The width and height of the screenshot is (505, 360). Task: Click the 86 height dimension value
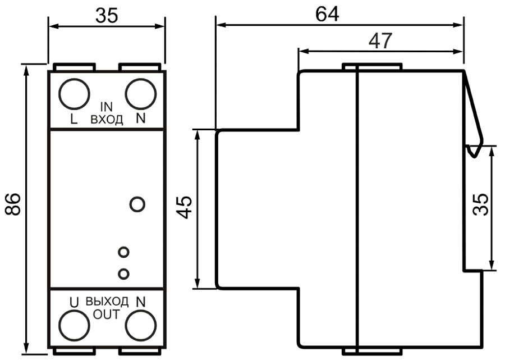click(x=13, y=204)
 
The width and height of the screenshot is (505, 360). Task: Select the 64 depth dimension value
click(x=327, y=14)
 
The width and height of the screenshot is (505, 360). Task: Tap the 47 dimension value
click(x=380, y=41)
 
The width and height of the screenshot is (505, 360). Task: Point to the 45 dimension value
click(x=185, y=207)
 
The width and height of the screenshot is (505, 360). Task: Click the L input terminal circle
click(x=74, y=94)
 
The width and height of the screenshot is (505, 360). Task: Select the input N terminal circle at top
click(x=141, y=94)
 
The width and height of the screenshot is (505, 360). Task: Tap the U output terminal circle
click(x=74, y=325)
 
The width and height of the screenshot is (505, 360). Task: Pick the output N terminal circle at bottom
click(x=141, y=325)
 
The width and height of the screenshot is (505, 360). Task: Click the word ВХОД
click(x=107, y=120)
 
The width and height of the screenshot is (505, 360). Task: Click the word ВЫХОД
click(x=107, y=302)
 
